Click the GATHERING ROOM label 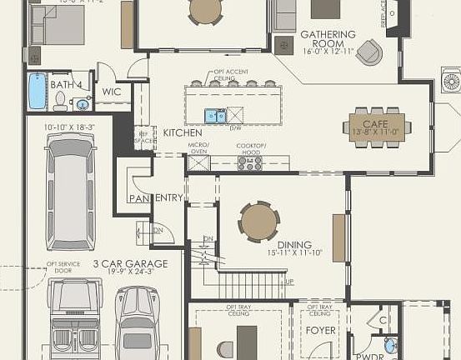[x=328, y=40]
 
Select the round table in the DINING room [x=259, y=222]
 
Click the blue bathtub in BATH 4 [x=38, y=91]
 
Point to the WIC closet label [x=112, y=92]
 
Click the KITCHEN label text [x=182, y=132]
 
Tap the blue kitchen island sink [x=213, y=115]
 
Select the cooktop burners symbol [x=250, y=163]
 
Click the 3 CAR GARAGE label [x=130, y=263]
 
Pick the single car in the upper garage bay [x=70, y=191]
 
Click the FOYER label [x=320, y=331]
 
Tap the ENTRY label [x=169, y=197]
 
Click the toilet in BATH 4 [x=60, y=101]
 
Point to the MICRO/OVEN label [x=198, y=147]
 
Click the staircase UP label [x=289, y=282]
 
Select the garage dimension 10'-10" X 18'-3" [x=70, y=127]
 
